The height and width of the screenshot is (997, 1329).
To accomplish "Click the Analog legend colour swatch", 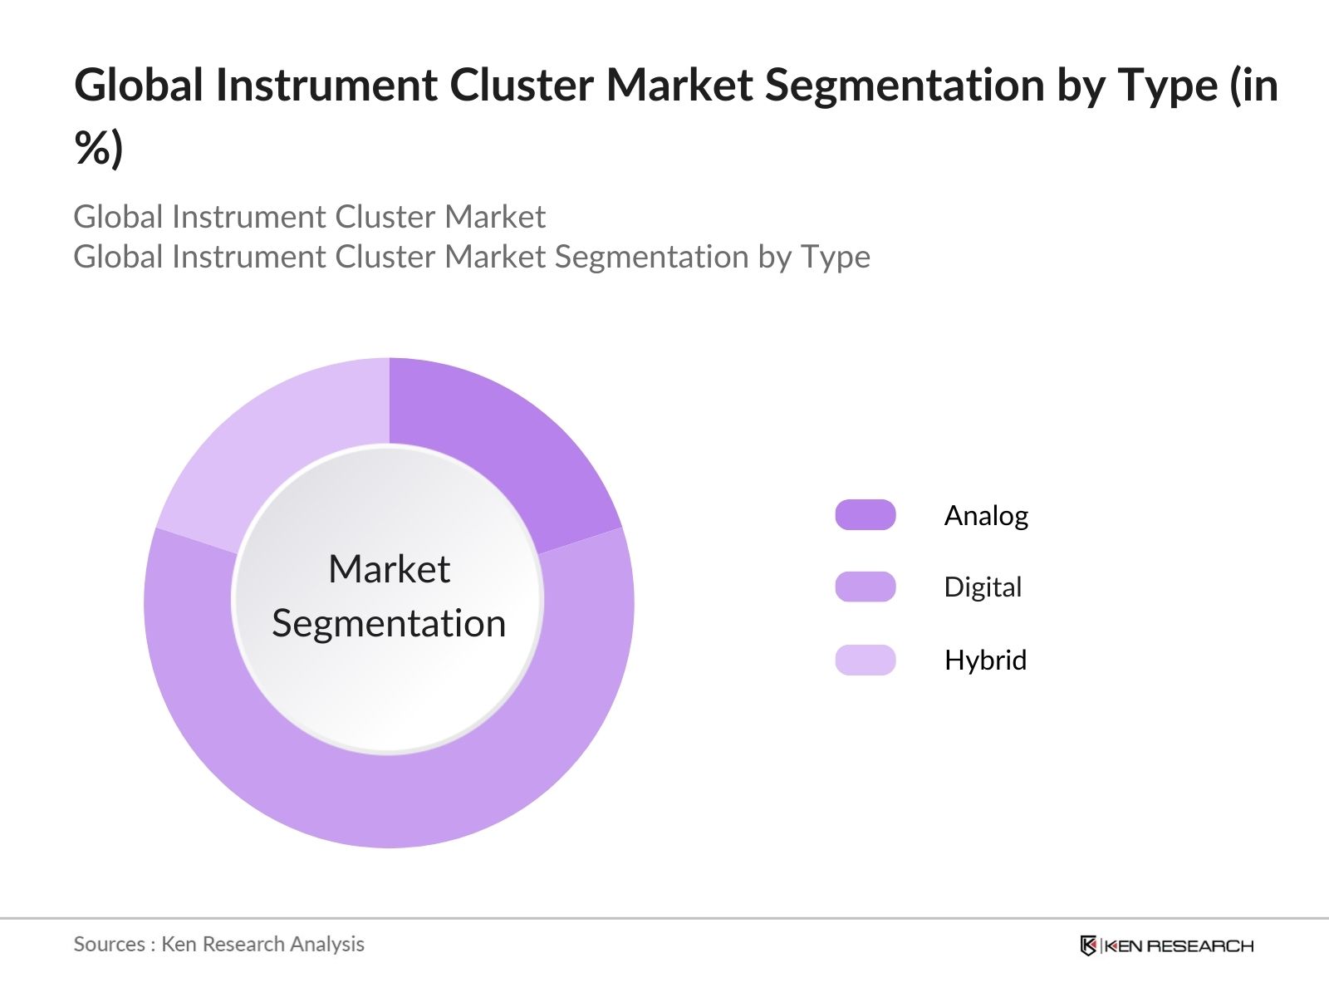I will (x=865, y=515).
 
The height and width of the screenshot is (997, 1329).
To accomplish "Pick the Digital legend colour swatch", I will (x=865, y=587).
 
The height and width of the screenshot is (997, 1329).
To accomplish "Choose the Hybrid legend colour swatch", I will (x=865, y=660).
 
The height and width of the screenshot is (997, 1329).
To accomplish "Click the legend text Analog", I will (x=986, y=516).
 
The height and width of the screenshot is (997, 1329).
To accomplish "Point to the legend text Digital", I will (x=983, y=587).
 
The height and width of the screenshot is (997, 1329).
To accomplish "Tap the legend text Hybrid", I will (x=985, y=660).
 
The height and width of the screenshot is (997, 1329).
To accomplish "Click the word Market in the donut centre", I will (x=389, y=569).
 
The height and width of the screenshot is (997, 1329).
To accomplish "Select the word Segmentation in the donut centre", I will (x=389, y=623).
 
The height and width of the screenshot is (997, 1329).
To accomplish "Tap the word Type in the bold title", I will (x=1167, y=86).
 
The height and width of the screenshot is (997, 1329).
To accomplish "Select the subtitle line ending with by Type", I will (x=471, y=257).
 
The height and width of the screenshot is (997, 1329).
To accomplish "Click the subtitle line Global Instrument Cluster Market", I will (x=309, y=217).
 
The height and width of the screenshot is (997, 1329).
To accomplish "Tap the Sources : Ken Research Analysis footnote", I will (x=218, y=944).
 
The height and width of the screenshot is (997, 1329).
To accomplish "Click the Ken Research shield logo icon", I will (x=1088, y=945).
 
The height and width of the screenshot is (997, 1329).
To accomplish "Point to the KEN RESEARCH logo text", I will (x=1178, y=945).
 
